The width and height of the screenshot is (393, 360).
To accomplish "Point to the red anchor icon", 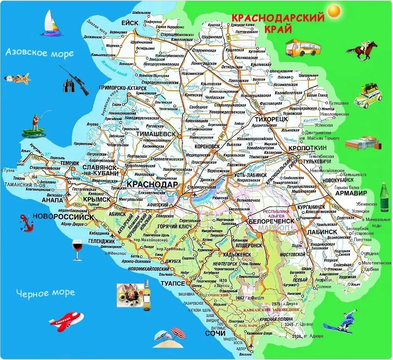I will (26, 223).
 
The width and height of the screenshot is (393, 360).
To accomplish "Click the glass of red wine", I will (77, 250).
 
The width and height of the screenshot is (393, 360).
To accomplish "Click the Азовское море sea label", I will (39, 53).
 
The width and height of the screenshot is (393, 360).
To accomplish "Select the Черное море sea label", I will (45, 292).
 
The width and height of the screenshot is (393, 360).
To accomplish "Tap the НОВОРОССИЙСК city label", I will (64, 217).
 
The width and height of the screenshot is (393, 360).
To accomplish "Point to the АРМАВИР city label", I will (351, 193).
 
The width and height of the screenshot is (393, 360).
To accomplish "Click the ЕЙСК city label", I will (130, 23).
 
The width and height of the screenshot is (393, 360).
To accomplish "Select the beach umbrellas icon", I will (169, 338).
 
